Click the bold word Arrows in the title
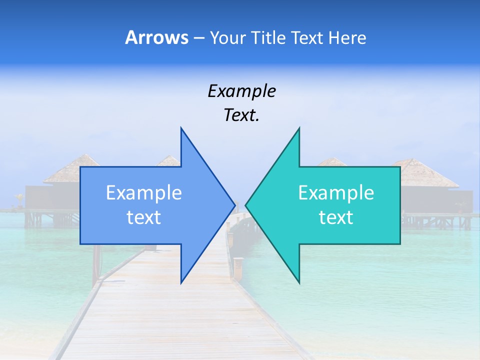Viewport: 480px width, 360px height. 156,37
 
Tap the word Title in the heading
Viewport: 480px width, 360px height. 269,38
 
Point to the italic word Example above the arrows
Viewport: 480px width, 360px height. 241,91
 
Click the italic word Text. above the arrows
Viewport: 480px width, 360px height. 241,115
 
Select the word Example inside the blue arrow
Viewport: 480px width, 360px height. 144,192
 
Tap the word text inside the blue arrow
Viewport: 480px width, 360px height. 144,217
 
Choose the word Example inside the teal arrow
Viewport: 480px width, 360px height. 336,192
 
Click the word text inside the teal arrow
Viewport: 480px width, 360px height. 336,217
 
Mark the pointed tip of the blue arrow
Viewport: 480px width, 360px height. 234,205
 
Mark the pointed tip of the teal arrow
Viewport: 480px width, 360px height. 246,205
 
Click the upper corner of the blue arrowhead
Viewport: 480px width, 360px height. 181,128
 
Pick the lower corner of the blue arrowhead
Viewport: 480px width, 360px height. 181,282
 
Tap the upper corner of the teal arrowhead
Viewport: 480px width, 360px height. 299,128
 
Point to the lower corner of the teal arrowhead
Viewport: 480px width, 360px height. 299,282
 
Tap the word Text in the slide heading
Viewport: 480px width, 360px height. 307,38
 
